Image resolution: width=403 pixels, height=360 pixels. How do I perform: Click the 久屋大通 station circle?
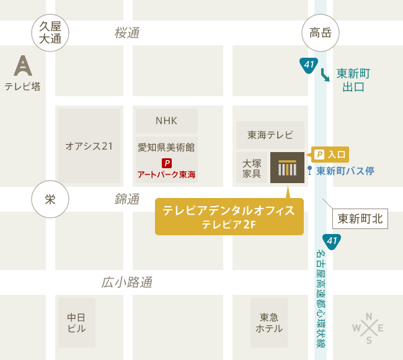tap(50, 32)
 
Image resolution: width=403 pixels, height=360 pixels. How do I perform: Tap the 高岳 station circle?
tap(321, 33)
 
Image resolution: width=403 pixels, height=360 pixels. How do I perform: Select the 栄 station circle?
tap(50, 199)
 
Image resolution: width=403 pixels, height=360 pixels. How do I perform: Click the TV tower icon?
tap(23, 65)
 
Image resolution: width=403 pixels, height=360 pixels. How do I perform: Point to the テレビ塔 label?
tap(23, 86)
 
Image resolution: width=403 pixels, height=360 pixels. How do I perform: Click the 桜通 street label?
tap(127, 33)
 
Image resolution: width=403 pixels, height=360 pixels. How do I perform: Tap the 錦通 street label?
tap(127, 199)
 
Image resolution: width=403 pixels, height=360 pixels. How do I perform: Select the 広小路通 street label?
tap(127, 283)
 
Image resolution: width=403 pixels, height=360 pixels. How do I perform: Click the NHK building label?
tap(166, 120)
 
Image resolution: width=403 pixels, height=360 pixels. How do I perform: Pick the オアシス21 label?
tap(89, 146)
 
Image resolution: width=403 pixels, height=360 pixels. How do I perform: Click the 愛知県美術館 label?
tap(166, 147)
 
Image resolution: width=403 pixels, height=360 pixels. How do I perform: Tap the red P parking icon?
tap(166, 163)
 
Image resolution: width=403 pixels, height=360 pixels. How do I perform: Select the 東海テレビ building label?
tap(270, 135)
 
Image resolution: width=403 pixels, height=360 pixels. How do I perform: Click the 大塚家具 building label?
tap(252, 168)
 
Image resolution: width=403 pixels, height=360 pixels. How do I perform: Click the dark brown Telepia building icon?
tap(287, 168)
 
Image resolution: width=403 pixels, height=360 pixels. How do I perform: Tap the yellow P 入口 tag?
tap(330, 155)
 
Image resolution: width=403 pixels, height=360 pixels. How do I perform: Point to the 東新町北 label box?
tap(360, 218)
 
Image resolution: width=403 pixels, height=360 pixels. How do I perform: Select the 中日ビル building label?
tap(76, 323)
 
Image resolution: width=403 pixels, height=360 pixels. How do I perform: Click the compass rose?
tap(368, 328)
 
